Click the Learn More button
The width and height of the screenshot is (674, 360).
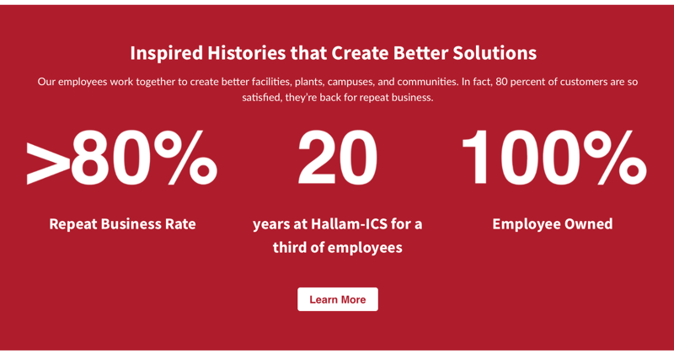pyautogui.click(x=338, y=299)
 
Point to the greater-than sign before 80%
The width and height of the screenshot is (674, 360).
pyautogui.click(x=48, y=164)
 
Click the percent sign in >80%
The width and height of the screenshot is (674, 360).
pyautogui.click(x=185, y=158)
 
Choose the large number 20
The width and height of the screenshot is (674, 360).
pyautogui.click(x=338, y=158)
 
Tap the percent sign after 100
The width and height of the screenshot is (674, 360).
pyautogui.click(x=615, y=158)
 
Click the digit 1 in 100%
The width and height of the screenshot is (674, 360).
pyautogui.click(x=476, y=158)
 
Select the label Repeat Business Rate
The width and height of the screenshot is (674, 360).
pyautogui.click(x=122, y=224)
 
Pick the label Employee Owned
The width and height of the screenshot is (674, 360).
pyautogui.click(x=553, y=224)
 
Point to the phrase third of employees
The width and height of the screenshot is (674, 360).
pyautogui.click(x=338, y=248)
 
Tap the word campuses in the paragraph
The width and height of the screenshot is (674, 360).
pyautogui.click(x=350, y=82)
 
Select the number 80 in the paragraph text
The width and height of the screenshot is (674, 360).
pyautogui.click(x=501, y=82)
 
